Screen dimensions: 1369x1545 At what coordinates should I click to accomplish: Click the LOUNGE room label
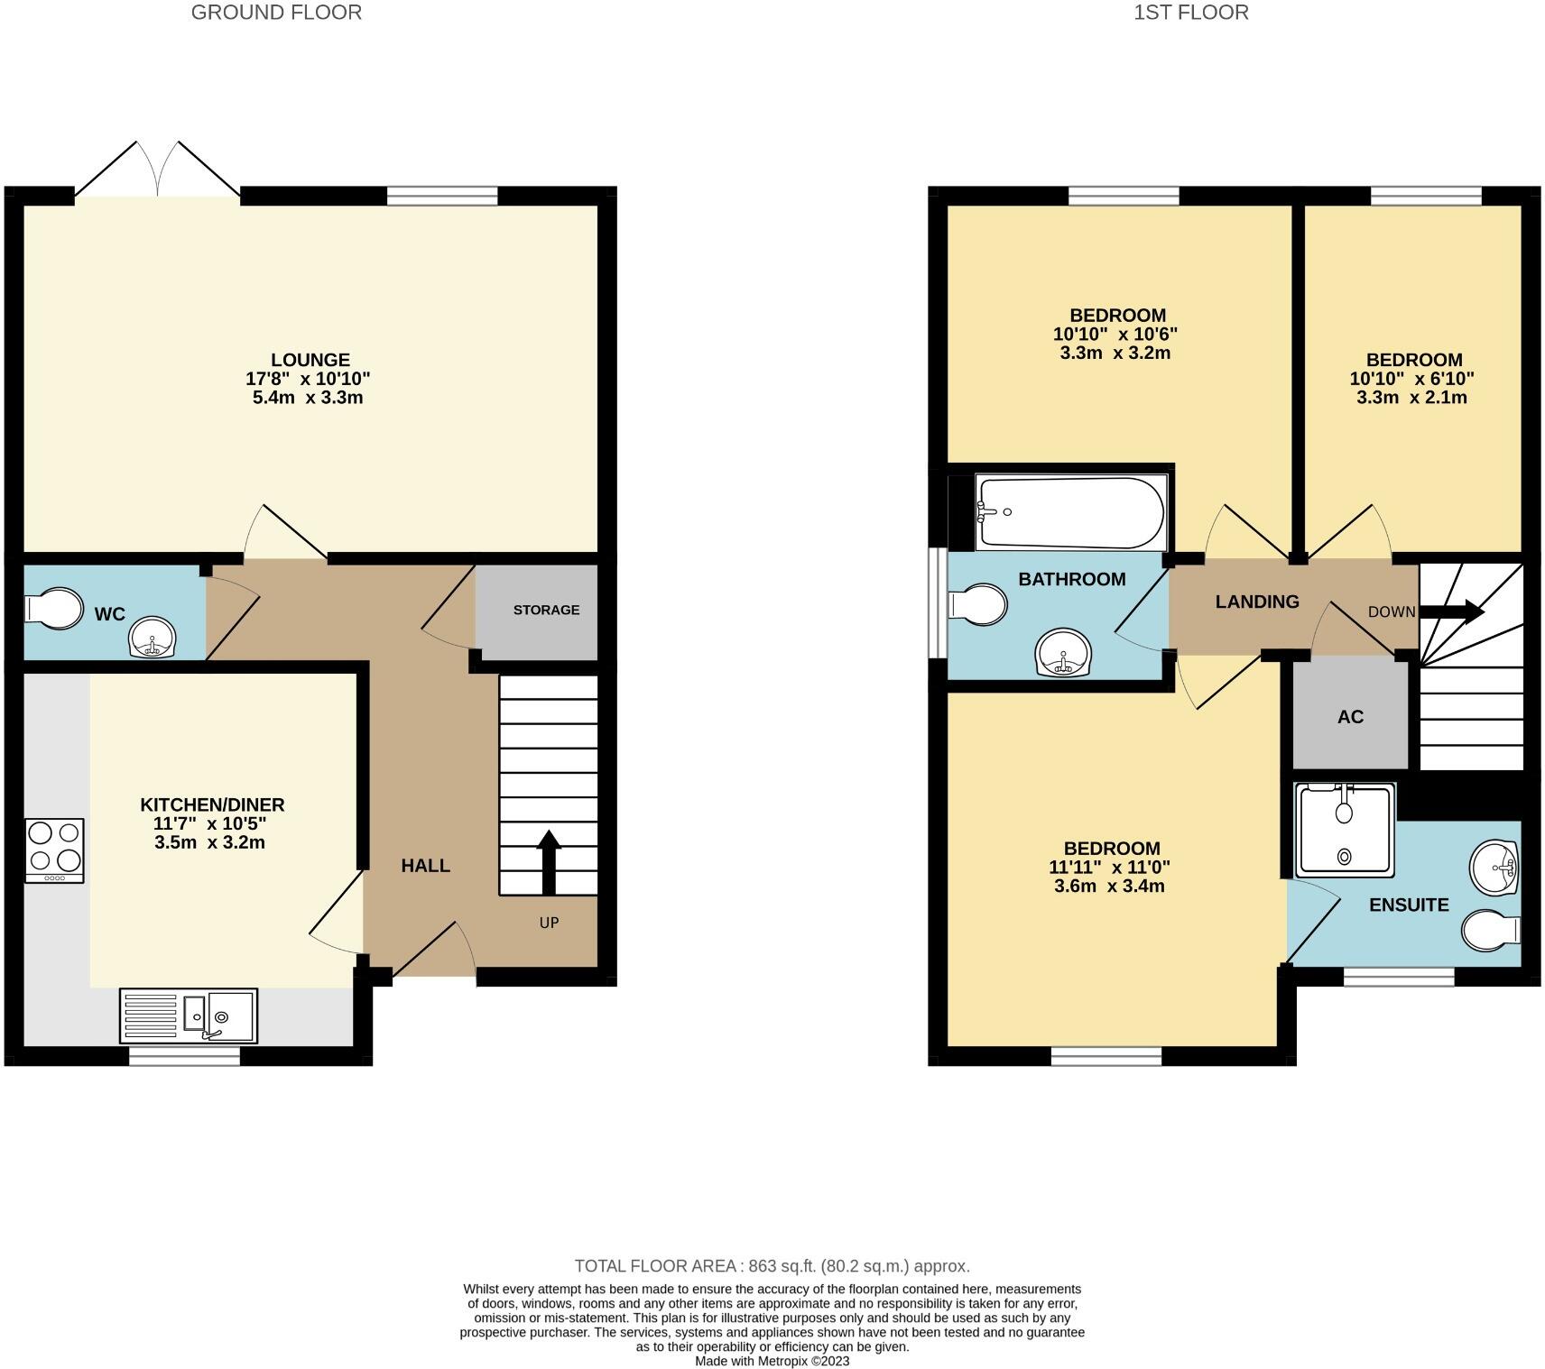click(310, 360)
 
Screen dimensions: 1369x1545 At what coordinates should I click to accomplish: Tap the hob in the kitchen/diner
click(54, 850)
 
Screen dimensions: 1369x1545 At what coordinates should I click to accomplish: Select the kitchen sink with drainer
click(188, 1015)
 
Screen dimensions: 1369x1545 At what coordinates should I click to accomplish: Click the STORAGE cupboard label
click(546, 611)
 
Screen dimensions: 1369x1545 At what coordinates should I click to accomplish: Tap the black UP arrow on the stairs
click(549, 861)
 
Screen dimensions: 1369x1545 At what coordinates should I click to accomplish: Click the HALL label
click(425, 866)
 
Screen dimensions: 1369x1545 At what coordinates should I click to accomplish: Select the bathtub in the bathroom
click(1070, 512)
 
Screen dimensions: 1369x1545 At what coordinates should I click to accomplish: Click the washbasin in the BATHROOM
click(1064, 652)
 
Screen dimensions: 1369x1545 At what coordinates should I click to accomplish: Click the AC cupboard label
click(1350, 717)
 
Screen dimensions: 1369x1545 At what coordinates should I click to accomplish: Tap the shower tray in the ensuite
click(1345, 830)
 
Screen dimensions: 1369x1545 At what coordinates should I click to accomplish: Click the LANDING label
click(1256, 602)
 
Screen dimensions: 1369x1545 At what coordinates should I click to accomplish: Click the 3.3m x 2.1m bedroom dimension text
click(1411, 398)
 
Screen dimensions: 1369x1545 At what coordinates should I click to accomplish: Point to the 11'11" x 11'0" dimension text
click(1109, 868)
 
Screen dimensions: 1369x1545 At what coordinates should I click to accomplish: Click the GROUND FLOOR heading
click(276, 13)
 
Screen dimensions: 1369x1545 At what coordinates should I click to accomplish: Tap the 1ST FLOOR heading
click(1191, 13)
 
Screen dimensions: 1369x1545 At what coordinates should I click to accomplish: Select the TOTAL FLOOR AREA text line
click(772, 1266)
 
